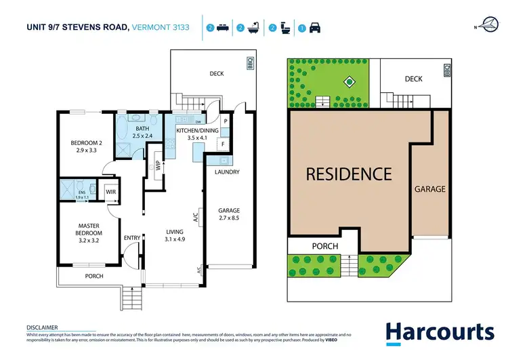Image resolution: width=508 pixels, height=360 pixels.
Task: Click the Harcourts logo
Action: [440, 333]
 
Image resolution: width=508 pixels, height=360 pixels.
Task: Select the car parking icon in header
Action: [314, 28]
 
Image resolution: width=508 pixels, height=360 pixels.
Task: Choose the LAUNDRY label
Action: [227, 172]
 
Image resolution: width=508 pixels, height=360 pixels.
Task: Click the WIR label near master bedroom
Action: [110, 192]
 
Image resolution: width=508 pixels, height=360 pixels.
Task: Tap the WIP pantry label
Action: [157, 166]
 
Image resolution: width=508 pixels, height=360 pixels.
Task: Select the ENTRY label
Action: [131, 237]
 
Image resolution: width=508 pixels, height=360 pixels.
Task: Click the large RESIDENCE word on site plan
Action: [349, 174]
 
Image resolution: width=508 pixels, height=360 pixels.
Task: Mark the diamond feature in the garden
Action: [349, 83]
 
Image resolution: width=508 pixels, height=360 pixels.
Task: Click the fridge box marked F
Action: [221, 143]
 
